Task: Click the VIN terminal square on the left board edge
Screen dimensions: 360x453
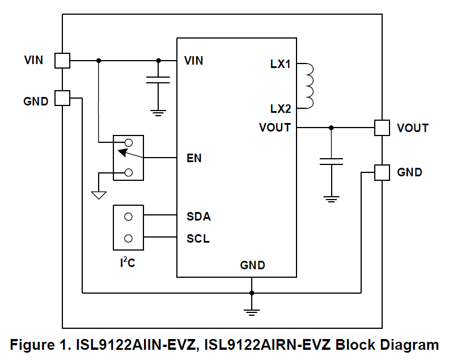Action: [62, 60]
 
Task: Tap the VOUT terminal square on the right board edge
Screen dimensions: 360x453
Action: [382, 128]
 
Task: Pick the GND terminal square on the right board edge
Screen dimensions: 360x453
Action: [382, 172]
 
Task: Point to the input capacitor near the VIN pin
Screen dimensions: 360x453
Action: [158, 81]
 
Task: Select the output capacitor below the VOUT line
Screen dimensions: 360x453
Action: [331, 162]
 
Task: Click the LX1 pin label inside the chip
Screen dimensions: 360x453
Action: [280, 65]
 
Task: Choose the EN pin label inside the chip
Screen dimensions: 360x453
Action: [194, 158]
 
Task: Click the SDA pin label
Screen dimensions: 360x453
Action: [198, 217]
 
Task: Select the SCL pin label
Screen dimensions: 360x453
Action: [198, 239]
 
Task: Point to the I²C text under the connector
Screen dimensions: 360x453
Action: [127, 262]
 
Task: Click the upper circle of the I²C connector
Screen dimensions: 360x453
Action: [128, 217]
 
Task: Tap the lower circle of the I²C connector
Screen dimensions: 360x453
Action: [128, 239]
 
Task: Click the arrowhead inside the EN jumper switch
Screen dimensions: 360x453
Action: [123, 151]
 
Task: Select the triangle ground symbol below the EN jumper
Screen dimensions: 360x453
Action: [99, 196]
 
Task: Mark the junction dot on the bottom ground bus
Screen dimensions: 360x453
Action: [252, 293]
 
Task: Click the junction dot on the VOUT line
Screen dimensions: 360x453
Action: [331, 128]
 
